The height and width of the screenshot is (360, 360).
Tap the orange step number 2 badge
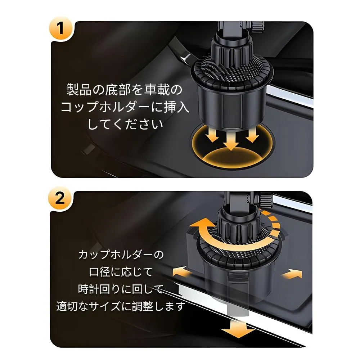coord(60,198)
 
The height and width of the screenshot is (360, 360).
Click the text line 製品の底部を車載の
coord(124,89)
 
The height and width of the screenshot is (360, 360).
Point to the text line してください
coord(125,124)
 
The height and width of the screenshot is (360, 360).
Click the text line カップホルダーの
coord(121,255)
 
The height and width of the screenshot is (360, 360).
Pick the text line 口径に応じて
coord(121,272)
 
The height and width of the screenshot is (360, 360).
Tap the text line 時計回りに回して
coord(121,289)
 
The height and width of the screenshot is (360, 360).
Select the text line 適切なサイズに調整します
coord(121,306)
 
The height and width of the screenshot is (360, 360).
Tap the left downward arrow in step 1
coord(212,135)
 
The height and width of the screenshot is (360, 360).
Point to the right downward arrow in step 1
coord(252,135)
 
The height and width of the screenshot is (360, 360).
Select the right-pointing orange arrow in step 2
coord(292,273)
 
